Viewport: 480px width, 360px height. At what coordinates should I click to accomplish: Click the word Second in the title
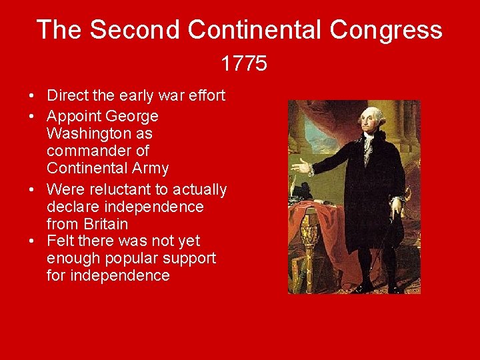(x=135, y=30)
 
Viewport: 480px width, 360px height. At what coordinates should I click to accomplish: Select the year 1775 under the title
(x=244, y=64)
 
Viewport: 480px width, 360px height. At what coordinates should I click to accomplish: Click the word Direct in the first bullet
(x=67, y=96)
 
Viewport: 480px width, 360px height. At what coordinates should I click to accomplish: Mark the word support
(x=189, y=258)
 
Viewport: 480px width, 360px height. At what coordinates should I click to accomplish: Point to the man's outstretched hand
(x=301, y=165)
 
